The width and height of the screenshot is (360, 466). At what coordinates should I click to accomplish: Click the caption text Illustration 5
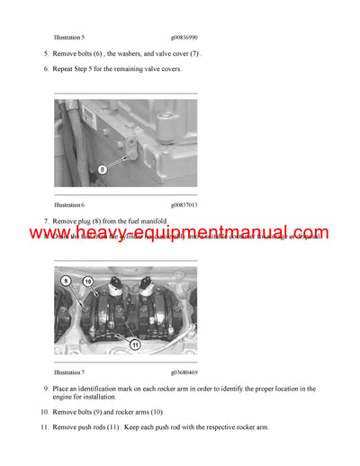coord(69,38)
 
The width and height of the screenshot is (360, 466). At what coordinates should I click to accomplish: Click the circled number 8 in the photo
coord(102,168)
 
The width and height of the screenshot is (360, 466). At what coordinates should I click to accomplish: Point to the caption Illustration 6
coord(69,205)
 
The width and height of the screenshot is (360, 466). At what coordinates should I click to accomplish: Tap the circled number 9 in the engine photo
coord(66,282)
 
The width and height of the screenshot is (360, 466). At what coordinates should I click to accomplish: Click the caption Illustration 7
coord(69,371)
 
